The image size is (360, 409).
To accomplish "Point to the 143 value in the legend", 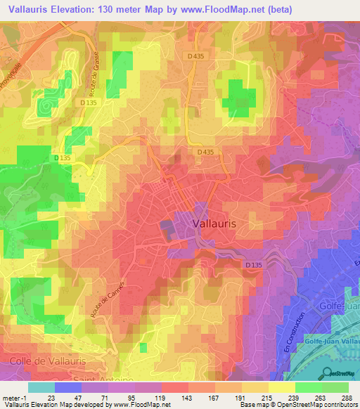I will pos(187,398).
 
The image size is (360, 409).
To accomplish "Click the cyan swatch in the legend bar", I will pos(41,387).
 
